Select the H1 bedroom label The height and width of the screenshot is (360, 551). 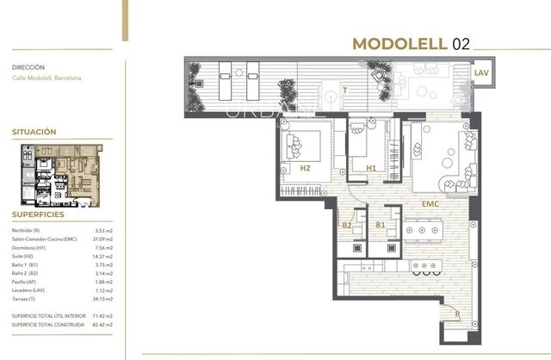[x=371, y=168]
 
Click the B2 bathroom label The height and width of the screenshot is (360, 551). [x=347, y=226]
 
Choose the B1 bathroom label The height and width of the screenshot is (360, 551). [x=381, y=226]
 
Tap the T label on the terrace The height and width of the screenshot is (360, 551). [x=345, y=89]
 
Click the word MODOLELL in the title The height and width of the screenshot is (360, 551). [x=399, y=45]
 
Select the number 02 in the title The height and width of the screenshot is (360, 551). [x=461, y=45]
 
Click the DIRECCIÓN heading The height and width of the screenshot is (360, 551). [x=28, y=66]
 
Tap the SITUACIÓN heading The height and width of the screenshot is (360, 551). [x=34, y=132]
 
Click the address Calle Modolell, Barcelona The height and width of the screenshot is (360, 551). [x=46, y=78]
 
